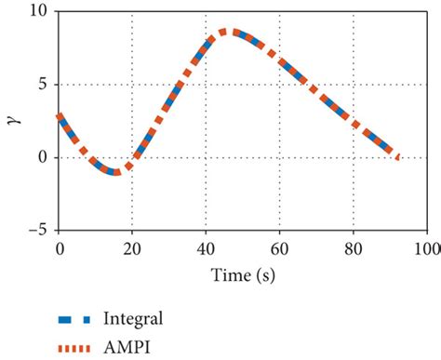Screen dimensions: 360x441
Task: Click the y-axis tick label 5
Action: click(45, 85)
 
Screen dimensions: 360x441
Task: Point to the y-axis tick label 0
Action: click(45, 157)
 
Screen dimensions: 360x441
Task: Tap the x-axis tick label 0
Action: click(59, 248)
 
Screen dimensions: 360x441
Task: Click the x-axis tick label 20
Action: click(132, 248)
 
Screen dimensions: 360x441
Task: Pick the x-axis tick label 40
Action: click(206, 248)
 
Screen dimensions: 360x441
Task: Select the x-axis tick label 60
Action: click(279, 248)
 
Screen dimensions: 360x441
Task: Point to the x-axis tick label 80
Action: click(353, 248)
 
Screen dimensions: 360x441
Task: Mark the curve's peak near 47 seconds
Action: click(231, 32)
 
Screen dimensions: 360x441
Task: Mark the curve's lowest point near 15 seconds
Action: click(114, 172)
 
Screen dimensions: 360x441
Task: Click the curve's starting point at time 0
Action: click(59, 116)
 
